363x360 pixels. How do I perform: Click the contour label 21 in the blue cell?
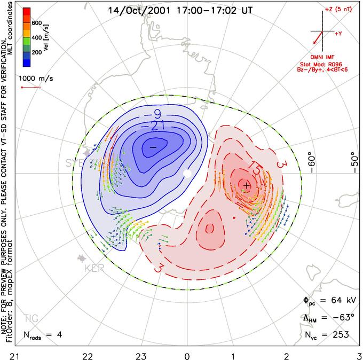156,125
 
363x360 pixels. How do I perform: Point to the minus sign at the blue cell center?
153,147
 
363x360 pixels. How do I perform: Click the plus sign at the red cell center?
246,185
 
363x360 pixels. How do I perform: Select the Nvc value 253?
340,335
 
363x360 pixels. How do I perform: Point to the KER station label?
93,268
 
